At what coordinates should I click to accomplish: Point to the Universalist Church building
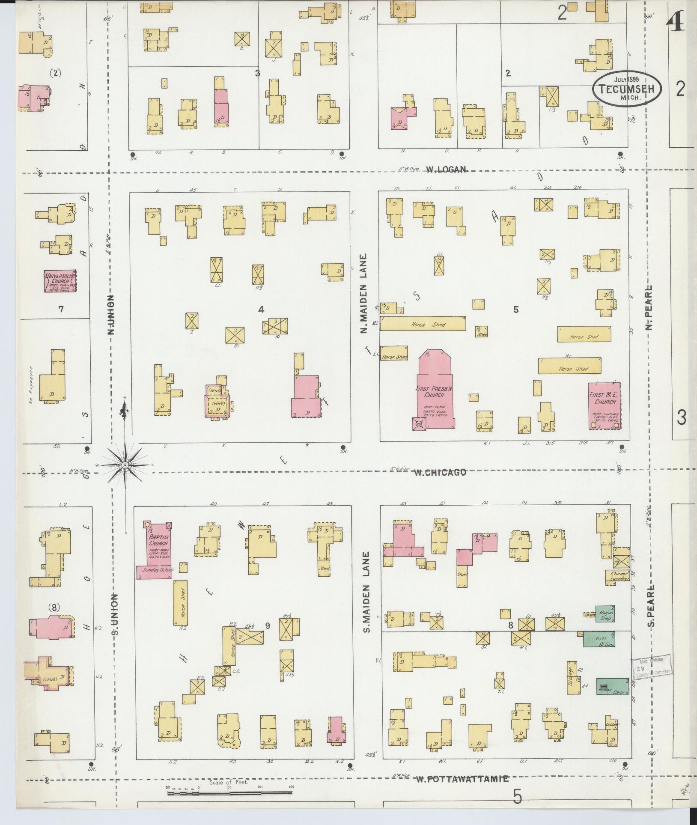60,281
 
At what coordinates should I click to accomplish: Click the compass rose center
125,465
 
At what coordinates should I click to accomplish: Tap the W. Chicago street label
439,472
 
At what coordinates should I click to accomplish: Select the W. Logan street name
445,170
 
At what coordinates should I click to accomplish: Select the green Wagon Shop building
605,613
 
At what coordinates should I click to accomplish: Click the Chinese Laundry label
617,576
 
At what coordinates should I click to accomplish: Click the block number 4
261,309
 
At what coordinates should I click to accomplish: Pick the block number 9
268,625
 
